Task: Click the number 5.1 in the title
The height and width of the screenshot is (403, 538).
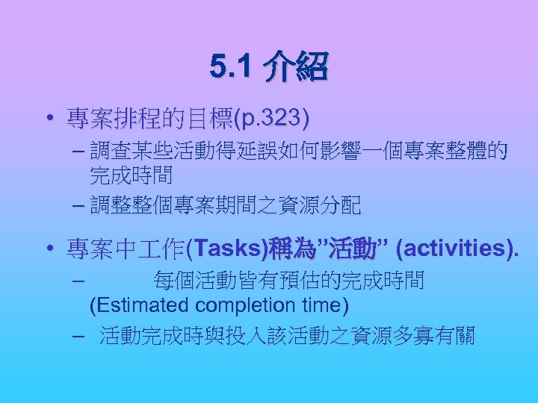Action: [x=232, y=68]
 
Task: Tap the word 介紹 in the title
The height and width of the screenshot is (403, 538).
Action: [x=295, y=68]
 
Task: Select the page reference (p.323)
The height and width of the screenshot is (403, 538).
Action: [x=272, y=118]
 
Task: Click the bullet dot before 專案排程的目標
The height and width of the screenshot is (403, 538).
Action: [x=47, y=119]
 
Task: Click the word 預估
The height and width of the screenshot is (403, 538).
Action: [x=327, y=281]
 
